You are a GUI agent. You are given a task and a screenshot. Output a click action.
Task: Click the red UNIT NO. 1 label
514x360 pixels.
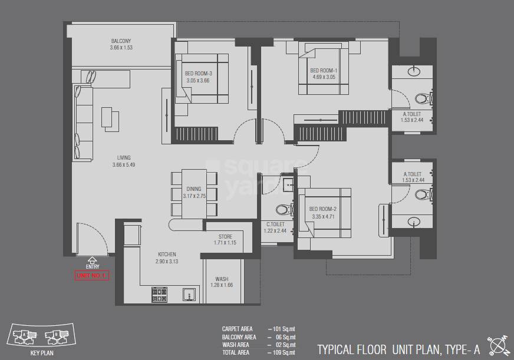[92, 275]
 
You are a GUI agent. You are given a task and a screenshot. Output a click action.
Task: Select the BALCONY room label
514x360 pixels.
[121, 41]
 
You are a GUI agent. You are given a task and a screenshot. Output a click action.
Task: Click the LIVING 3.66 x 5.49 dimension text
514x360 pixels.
[123, 165]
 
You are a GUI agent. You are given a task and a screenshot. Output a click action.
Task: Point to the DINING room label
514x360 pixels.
[193, 189]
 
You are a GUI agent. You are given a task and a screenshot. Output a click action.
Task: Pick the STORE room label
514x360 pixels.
[225, 236]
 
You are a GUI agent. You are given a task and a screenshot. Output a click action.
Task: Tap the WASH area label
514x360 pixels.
[222, 279]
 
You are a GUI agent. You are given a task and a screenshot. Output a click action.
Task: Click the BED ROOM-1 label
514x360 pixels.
[323, 70]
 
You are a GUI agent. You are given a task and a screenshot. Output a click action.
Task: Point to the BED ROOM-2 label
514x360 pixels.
[322, 209]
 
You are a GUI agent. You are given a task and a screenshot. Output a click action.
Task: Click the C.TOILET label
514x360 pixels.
[275, 224]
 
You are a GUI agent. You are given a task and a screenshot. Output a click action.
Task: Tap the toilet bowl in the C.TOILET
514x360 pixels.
[282, 209]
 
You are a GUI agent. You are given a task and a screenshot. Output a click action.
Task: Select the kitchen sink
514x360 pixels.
[189, 293]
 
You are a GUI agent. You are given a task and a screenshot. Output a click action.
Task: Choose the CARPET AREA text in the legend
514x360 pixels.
[237, 329]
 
